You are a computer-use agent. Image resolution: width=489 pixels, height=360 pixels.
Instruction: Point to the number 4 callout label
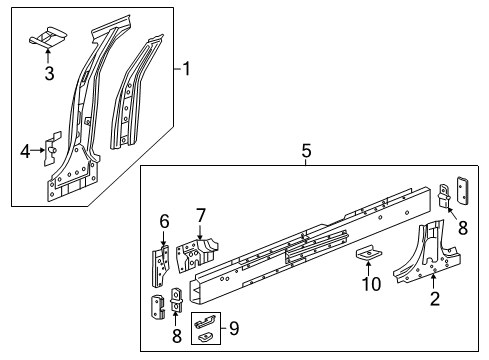25,151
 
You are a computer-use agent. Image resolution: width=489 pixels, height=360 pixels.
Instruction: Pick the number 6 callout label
164,221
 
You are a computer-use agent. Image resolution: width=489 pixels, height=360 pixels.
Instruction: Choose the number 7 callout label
200,215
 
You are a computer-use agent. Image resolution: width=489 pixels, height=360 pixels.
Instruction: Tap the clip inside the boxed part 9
203,326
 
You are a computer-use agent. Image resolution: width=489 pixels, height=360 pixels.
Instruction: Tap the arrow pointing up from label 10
368,271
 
